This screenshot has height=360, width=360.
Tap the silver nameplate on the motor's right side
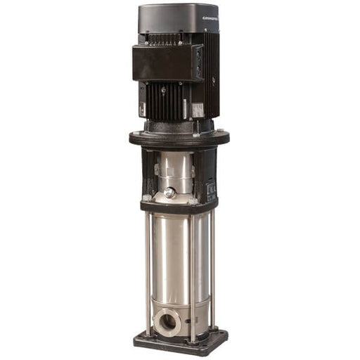[x=199, y=110]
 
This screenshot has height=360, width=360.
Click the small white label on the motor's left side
[x=142, y=110]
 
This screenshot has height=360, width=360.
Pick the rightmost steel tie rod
[x=213, y=271]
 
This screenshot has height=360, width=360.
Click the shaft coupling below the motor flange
[x=174, y=169]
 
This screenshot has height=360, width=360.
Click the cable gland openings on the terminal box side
[x=198, y=63]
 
